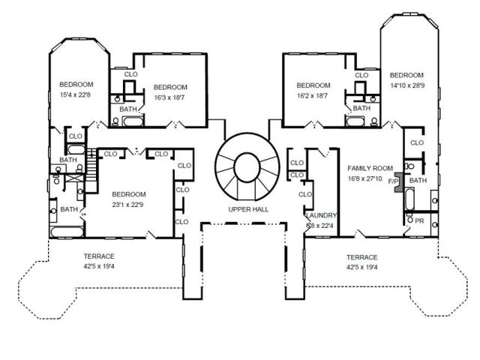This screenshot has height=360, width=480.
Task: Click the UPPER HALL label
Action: [249, 208]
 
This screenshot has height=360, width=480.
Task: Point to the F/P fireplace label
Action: [393, 181]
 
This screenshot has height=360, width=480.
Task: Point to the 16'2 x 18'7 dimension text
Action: [313, 97]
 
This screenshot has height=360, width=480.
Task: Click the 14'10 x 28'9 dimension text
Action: [406, 85]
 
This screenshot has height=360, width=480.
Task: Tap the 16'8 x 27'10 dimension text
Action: [365, 179]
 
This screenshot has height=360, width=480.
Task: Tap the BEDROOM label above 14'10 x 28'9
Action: [406, 75]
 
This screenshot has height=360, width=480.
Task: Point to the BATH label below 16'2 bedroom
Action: [361, 109]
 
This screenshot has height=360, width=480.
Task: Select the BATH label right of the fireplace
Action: [418, 181]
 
